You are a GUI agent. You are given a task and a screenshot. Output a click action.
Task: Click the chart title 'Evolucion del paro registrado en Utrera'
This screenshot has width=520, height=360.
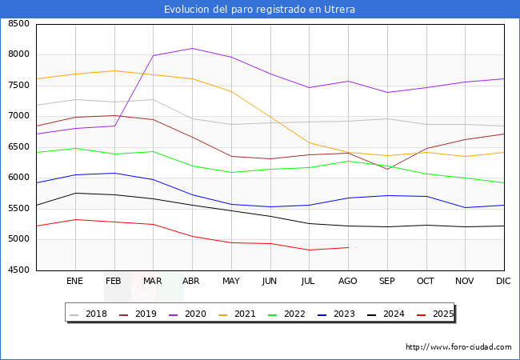[260, 10]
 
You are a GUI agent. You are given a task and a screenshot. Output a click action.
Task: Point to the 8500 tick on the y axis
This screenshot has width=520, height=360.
[18, 24]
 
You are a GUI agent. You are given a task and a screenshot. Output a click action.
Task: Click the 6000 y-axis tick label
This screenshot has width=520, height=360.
[18, 178]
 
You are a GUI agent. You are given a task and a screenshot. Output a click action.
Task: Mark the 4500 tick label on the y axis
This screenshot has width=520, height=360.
[18, 270]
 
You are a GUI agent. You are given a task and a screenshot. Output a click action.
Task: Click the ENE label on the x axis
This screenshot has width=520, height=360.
[74, 281]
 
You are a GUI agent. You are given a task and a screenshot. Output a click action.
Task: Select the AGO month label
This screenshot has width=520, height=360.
[348, 281]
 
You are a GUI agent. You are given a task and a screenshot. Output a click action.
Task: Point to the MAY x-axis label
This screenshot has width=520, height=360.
[231, 281]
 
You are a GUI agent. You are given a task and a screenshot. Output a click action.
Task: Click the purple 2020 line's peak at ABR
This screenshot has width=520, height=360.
[192, 48]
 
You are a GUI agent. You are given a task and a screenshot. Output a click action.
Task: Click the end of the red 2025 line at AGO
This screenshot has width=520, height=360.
[348, 247]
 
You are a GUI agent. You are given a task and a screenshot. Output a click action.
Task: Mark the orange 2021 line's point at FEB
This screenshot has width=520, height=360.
[114, 70]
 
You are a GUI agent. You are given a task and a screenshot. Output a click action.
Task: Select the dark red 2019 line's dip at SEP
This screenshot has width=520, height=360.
[387, 169]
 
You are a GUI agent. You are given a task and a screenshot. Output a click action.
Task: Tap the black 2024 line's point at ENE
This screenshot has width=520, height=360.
[75, 193]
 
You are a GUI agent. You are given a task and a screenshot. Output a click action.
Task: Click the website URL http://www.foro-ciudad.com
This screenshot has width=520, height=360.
[458, 347]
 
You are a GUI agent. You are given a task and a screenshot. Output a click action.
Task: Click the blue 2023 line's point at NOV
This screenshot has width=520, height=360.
[465, 208]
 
